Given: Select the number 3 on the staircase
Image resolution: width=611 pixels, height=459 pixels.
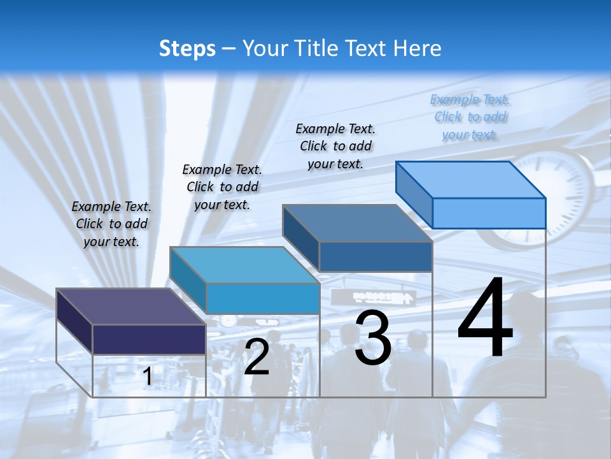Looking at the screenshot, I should (372, 338).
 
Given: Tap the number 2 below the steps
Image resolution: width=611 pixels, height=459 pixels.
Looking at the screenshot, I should (256, 356).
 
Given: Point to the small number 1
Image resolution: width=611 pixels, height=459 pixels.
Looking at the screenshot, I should (147, 377).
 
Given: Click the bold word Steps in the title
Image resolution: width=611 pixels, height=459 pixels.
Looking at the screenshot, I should (187, 48).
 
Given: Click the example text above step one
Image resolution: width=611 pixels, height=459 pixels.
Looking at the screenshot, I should (111, 224).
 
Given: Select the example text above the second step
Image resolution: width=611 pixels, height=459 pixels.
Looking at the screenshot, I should (222, 187).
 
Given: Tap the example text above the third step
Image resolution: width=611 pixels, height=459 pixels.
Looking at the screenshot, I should (335, 146).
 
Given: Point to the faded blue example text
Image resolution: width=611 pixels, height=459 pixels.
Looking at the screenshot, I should (470, 117).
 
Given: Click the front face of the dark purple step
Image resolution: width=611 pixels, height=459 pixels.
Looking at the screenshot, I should (149, 339).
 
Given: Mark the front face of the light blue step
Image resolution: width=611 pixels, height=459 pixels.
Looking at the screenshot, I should (489, 213).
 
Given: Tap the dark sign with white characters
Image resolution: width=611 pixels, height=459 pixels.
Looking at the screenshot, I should (383, 297).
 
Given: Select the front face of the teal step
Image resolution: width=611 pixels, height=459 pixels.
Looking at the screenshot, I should (262, 298).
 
